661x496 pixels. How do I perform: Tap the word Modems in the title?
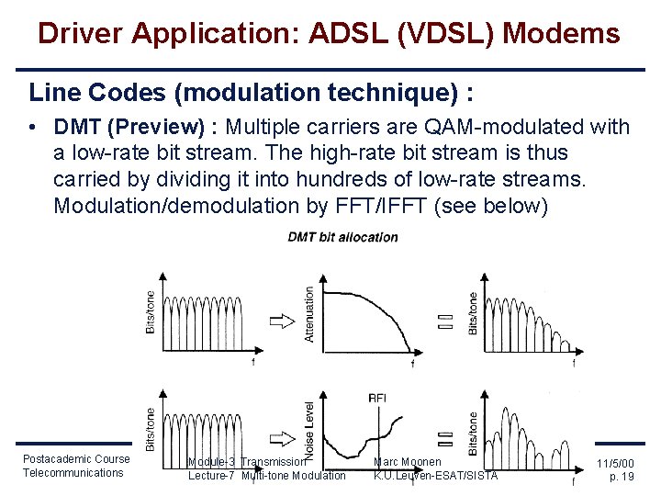tap(564, 34)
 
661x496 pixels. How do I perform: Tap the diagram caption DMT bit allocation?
tap(342, 237)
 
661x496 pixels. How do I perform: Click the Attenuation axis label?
tap(309, 313)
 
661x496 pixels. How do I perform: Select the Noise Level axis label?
tap(309, 431)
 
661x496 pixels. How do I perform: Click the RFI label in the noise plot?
tap(377, 397)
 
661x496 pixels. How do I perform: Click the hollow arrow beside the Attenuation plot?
tap(281, 321)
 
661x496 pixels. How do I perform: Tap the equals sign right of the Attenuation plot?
tap(445, 321)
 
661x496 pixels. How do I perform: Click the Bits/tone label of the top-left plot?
tap(151, 312)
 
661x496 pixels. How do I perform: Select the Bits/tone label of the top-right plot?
tap(473, 312)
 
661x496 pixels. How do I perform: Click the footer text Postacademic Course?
tap(76, 458)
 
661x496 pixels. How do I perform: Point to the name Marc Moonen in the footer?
tap(408, 461)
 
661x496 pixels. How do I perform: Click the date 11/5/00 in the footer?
tap(615, 466)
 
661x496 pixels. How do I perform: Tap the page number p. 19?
tap(622, 478)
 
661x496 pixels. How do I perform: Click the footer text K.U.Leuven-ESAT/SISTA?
tap(436, 475)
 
